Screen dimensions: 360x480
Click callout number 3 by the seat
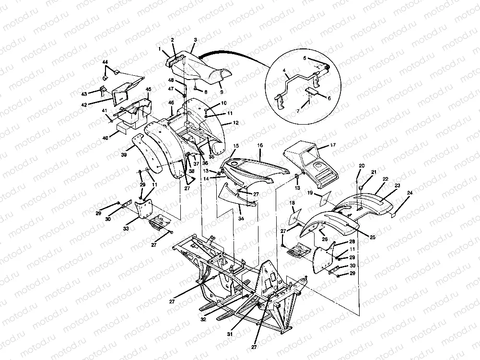[195, 40]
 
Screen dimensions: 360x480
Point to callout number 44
[105, 63]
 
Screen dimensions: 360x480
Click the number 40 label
[105, 138]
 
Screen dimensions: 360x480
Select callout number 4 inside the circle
[284, 70]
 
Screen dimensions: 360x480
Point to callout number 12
[235, 123]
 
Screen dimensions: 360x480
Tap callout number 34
[240, 218]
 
